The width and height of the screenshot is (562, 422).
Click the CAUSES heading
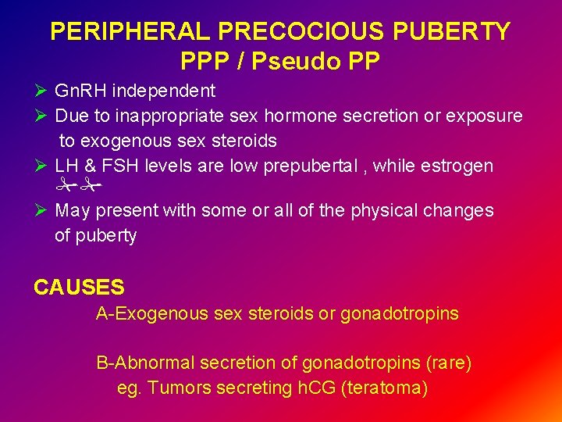pos(79,288)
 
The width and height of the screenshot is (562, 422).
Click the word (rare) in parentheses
pos(449,363)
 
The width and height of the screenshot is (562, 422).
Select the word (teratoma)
pos(384,388)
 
